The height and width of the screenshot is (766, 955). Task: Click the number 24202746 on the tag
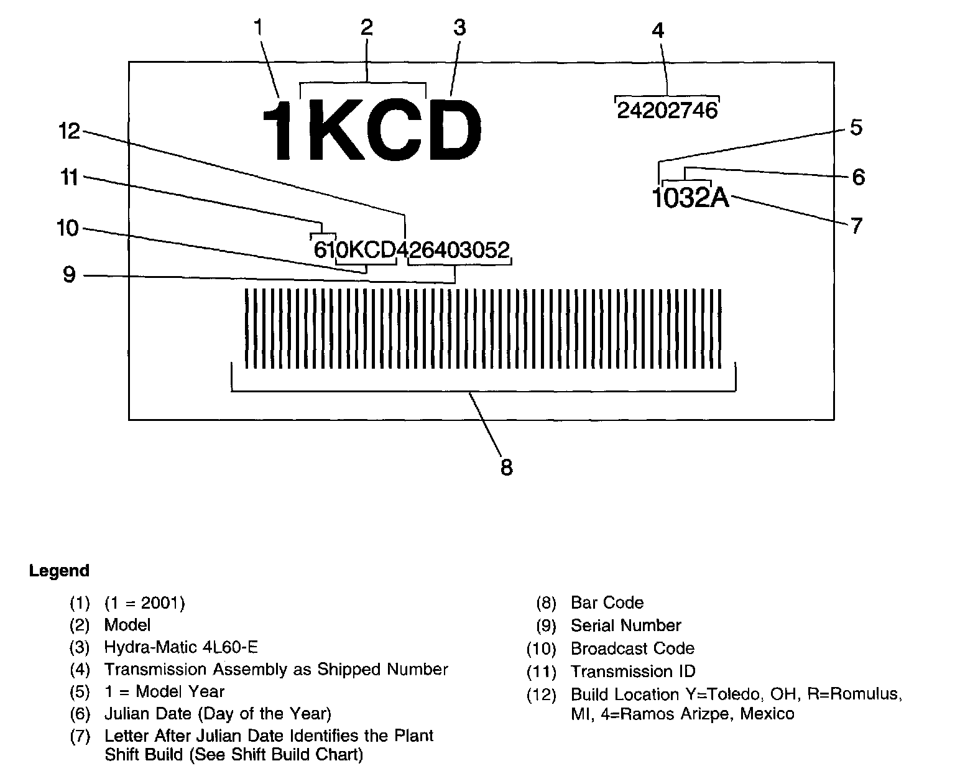(667, 111)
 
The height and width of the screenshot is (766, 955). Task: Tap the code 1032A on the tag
(690, 198)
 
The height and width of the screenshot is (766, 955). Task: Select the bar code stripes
(483, 328)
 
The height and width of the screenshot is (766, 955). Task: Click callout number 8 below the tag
(507, 467)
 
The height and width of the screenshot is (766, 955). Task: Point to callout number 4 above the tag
(658, 30)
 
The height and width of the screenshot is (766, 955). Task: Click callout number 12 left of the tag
(70, 131)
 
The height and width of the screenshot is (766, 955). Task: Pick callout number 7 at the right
(857, 225)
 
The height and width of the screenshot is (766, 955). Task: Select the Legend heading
(59, 571)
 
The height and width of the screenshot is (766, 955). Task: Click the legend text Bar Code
(607, 602)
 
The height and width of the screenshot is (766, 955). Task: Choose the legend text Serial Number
(625, 625)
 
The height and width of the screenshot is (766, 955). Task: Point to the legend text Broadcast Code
(632, 648)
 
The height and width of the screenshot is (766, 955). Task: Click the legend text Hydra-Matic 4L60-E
(181, 647)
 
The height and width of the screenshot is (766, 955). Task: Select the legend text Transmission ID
(633, 671)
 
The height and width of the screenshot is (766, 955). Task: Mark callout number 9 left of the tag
(70, 274)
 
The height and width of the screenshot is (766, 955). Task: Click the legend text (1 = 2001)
(145, 602)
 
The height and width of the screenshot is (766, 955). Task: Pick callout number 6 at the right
(858, 177)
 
